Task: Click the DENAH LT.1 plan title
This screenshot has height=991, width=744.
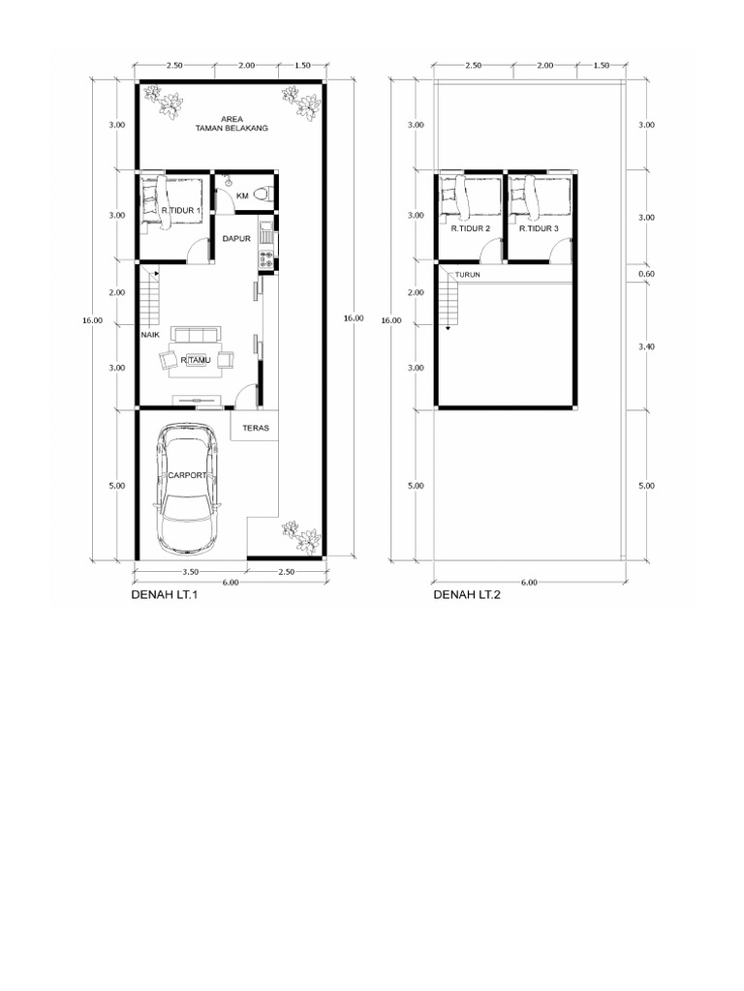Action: [x=164, y=596]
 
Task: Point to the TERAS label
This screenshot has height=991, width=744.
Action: [x=256, y=427]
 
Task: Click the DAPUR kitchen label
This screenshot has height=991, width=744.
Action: [x=236, y=238]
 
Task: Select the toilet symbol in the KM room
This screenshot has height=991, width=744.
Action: [x=262, y=194]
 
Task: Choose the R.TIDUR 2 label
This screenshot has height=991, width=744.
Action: [x=470, y=229]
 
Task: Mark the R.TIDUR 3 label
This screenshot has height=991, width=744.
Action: [x=539, y=229]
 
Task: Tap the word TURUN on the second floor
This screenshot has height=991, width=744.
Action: [x=468, y=275]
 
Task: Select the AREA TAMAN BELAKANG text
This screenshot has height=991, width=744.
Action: [x=231, y=123]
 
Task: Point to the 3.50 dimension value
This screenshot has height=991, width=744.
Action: [x=190, y=573]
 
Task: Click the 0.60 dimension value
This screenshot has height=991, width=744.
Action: [x=646, y=274]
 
